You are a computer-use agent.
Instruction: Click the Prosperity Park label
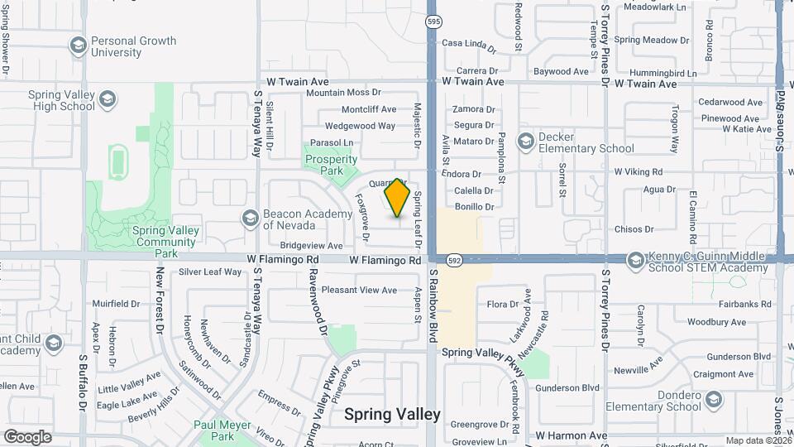tap(331, 166)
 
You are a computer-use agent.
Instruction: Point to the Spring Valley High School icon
tap(107, 101)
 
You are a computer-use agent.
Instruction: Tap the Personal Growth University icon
tap(79, 45)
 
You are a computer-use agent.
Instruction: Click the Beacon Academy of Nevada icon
tap(250, 219)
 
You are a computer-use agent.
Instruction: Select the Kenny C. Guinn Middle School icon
tap(635, 261)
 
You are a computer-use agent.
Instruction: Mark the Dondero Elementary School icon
tap(713, 400)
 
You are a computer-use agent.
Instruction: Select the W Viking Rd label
tap(639, 172)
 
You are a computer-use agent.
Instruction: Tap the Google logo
tap(27, 436)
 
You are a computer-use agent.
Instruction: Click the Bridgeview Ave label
tap(311, 246)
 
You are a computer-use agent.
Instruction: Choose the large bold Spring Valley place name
tap(392, 414)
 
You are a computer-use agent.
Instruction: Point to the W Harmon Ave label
tap(572, 435)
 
